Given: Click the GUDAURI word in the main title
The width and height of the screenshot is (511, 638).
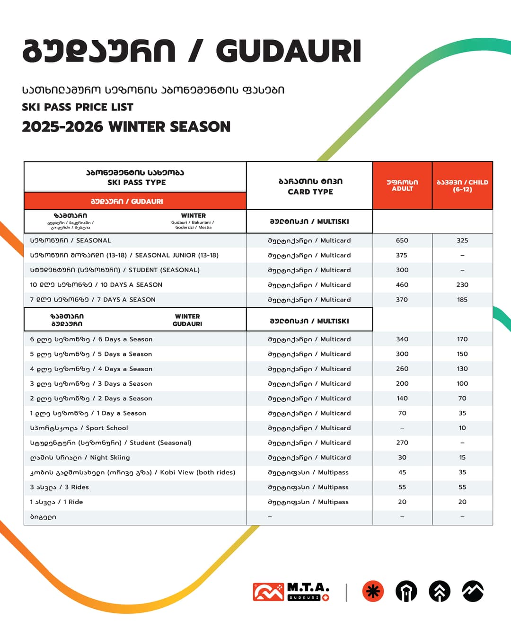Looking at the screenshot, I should [x=289, y=51].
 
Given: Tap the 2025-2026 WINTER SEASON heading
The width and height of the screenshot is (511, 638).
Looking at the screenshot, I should [x=126, y=127].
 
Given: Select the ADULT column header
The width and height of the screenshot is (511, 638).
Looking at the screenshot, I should [x=402, y=186].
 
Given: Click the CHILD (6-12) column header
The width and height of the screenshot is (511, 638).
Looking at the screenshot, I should [x=462, y=186].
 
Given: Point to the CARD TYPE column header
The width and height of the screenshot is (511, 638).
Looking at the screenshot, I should [x=310, y=186].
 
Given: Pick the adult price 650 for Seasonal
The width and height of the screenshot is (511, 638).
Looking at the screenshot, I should [x=402, y=240].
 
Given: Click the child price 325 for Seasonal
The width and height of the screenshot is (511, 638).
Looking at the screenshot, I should [x=462, y=240].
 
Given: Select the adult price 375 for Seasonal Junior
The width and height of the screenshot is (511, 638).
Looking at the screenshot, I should [x=402, y=255].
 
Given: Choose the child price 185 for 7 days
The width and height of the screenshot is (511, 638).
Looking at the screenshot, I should [x=462, y=300].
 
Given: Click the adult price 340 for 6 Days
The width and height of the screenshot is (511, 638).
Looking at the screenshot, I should [x=402, y=339].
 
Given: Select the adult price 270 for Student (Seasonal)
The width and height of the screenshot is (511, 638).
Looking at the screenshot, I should [x=402, y=443].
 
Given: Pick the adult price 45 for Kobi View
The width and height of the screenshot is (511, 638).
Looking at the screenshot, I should [x=402, y=472].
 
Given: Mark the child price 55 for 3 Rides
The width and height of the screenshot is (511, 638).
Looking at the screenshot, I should [x=462, y=487].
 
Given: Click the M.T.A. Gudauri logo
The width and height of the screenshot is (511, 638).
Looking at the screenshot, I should [x=291, y=592].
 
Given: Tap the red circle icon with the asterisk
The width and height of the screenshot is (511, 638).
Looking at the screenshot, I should [x=373, y=592].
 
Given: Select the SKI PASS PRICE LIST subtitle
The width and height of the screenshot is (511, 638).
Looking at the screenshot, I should [x=78, y=107].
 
